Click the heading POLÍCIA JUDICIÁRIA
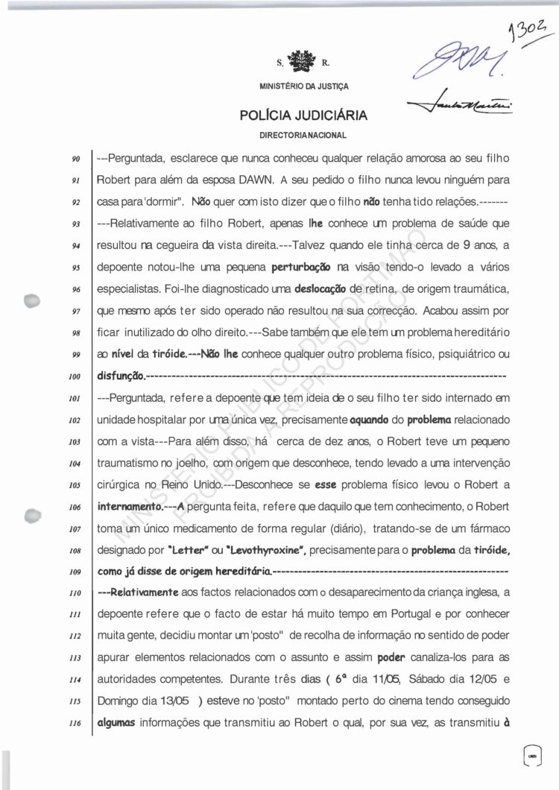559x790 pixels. pos(303,116)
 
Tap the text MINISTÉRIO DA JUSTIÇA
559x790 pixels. pos(303,86)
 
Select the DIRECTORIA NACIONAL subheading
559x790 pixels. pos(303,136)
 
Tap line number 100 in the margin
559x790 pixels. pos(75,377)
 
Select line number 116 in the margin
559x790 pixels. pos(75,726)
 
